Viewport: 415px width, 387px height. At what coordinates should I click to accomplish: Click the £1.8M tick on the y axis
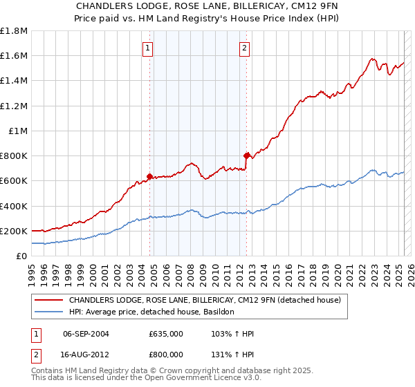14,31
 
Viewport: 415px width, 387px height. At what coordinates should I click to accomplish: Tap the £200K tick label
14,231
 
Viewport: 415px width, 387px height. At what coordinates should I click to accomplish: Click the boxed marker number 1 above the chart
149,48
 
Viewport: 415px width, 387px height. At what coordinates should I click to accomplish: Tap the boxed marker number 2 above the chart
245,48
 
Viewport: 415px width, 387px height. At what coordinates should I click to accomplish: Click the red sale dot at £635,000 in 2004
149,176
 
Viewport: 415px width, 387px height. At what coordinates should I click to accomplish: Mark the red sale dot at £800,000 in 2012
247,155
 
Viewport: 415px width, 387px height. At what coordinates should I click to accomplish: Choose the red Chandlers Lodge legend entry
204,301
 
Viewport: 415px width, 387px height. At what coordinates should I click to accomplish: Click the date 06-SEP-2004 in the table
86,334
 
